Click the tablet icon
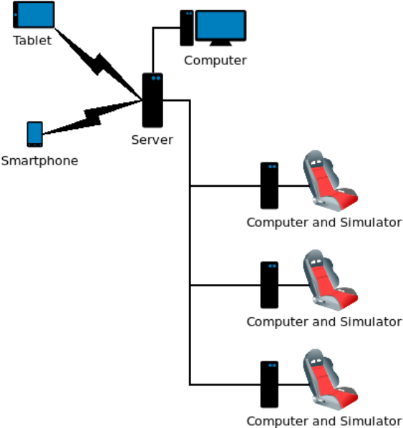(x=34, y=14)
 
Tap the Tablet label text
(x=32, y=41)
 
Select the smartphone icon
(x=34, y=135)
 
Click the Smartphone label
(x=39, y=161)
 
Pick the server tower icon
(x=152, y=100)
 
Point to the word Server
(x=152, y=140)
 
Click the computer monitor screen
(x=221, y=25)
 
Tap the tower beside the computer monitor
(x=187, y=28)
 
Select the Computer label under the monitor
(x=215, y=61)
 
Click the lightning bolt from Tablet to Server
(x=98, y=64)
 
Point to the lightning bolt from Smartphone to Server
(x=92, y=117)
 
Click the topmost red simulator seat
(x=331, y=180)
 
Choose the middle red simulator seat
(x=331, y=280)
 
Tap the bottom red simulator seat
(x=331, y=379)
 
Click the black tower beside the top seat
(x=269, y=185)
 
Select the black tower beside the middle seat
(x=269, y=285)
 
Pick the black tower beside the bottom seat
(x=269, y=384)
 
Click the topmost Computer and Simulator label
(x=324, y=223)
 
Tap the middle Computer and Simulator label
(x=324, y=322)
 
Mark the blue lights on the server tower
(x=156, y=78)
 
